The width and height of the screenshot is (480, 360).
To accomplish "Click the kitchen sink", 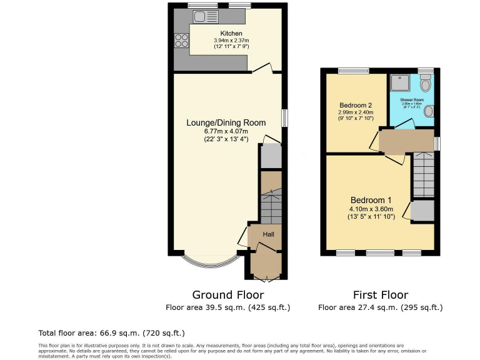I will [206, 17].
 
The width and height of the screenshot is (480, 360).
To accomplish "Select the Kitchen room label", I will [231, 34].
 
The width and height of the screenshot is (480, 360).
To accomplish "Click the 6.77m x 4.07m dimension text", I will [226, 131].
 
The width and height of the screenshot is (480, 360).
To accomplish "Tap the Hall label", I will [268, 234].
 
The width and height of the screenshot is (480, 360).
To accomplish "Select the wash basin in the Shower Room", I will [428, 111].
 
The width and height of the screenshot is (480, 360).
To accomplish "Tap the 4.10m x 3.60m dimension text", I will [371, 209].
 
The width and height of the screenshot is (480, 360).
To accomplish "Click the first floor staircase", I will [422, 176].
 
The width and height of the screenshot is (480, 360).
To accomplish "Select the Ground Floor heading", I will [227, 295].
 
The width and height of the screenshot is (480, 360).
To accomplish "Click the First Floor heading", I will [380, 295].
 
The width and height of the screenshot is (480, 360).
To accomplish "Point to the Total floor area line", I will [112, 332].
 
